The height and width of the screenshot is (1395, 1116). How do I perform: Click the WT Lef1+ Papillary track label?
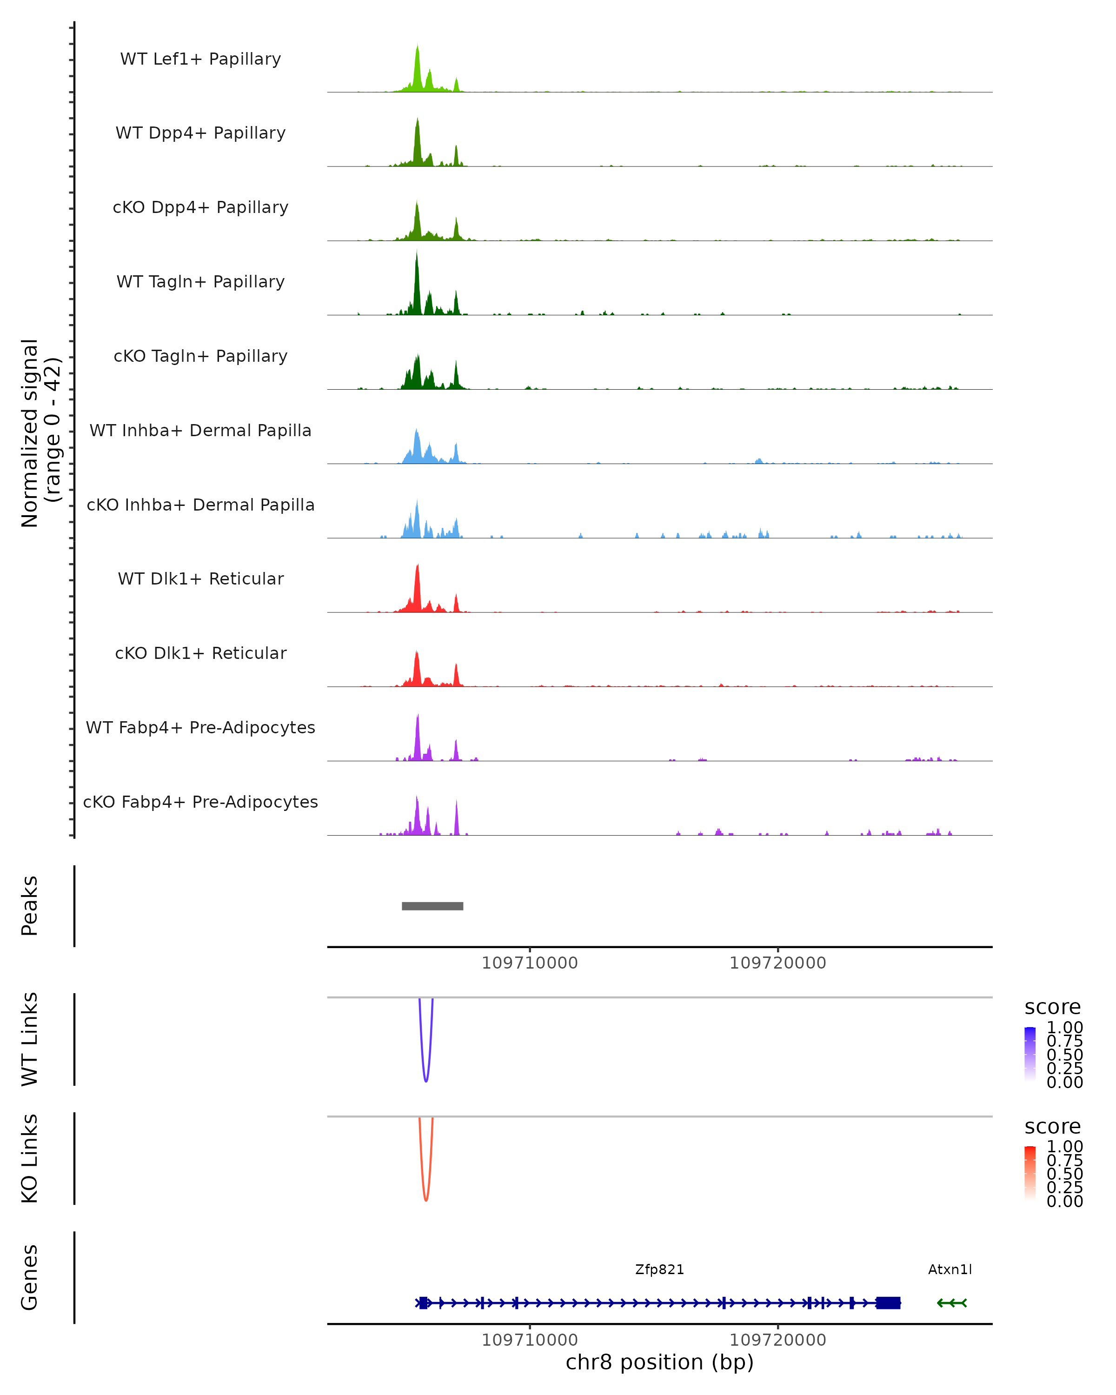point(200,59)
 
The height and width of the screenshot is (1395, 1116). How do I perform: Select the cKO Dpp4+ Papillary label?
point(200,207)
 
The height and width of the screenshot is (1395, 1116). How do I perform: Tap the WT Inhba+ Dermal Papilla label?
point(200,430)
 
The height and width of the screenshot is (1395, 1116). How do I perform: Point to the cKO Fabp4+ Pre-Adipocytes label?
point(200,802)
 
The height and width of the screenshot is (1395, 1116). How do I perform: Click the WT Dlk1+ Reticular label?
point(200,578)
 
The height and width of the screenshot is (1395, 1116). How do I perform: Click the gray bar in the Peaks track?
point(432,906)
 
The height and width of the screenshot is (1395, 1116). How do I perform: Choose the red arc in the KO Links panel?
point(425,1199)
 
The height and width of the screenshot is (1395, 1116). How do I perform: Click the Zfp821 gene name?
point(659,1269)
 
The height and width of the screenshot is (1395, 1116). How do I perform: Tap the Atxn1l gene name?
point(950,1269)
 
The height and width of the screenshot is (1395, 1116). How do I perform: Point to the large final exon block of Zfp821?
point(888,1302)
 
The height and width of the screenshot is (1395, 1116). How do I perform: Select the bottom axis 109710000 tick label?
point(529,1339)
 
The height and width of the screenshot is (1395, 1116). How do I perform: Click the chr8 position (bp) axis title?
point(659,1362)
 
